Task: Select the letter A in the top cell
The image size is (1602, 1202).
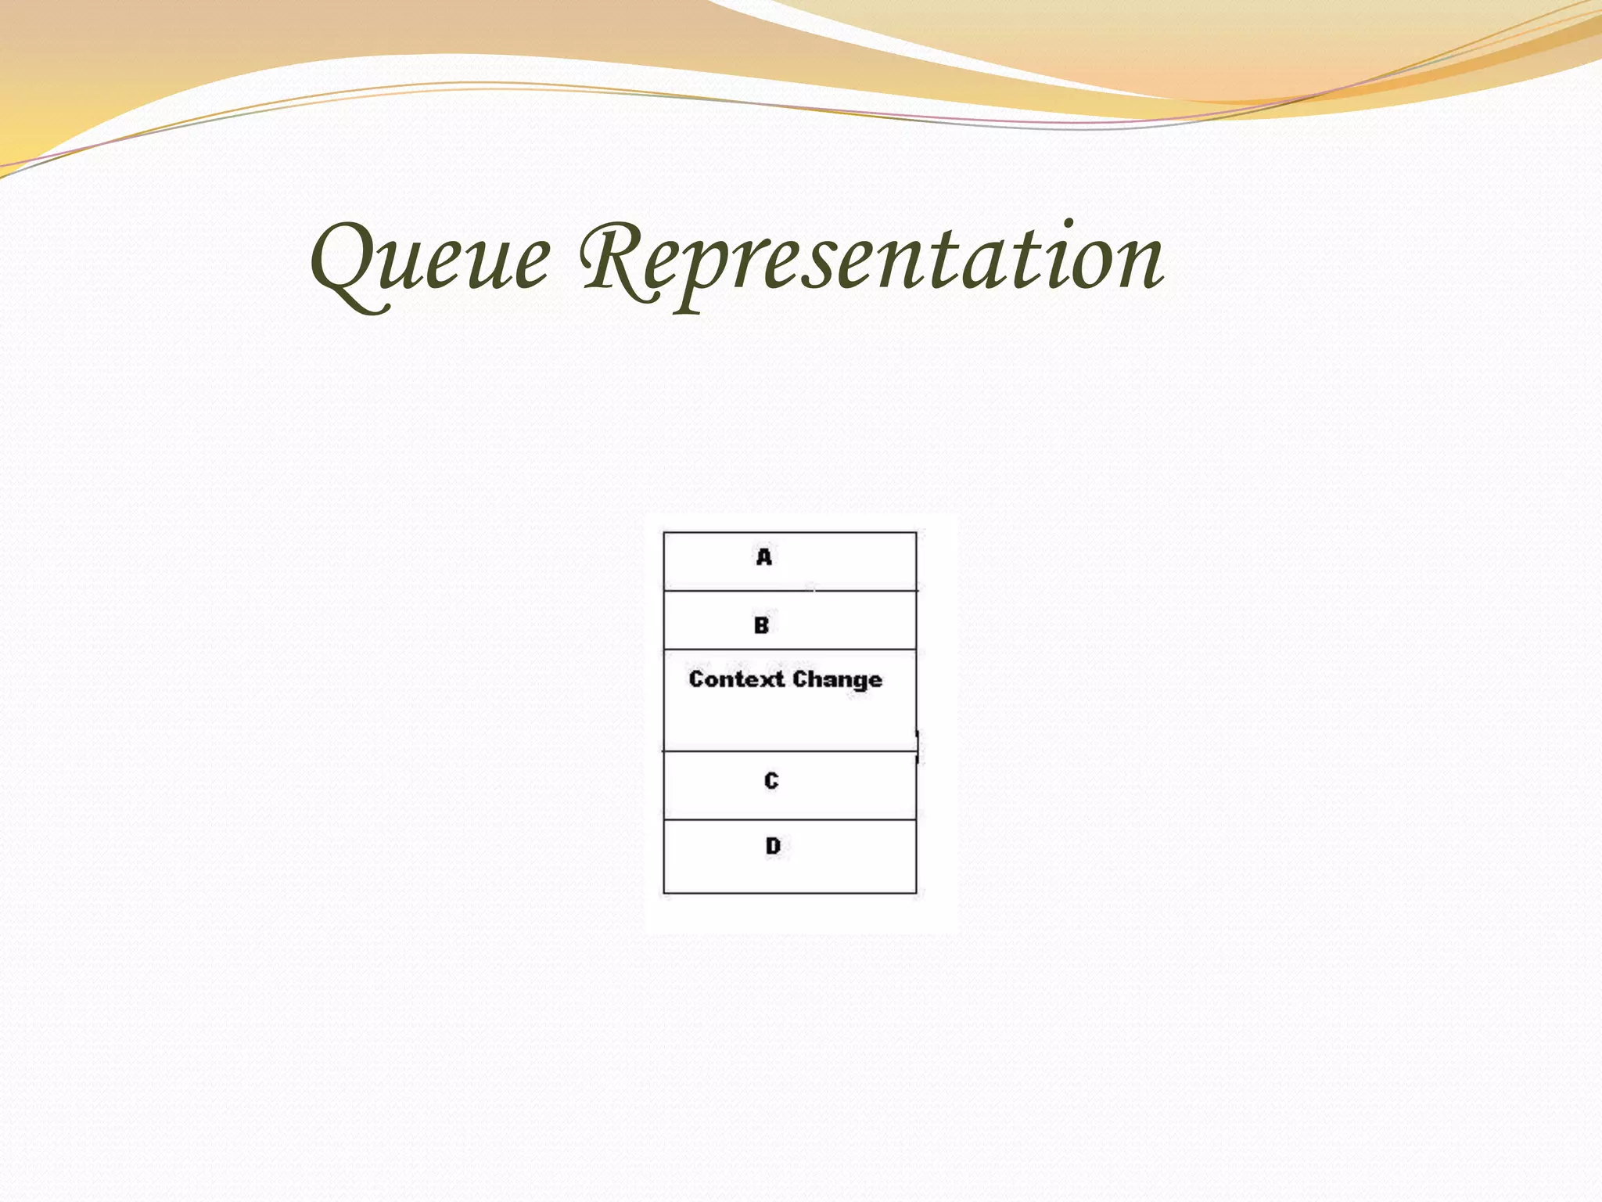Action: (764, 557)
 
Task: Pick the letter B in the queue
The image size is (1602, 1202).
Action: (761, 625)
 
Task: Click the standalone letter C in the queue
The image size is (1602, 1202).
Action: (771, 780)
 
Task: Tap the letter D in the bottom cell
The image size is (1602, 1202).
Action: (773, 846)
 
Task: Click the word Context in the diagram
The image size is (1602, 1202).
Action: (735, 678)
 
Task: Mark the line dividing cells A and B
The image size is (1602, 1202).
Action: (790, 591)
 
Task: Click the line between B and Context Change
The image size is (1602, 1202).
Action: (790, 650)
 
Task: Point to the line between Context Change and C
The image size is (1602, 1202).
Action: (790, 751)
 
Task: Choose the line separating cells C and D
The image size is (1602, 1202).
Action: (790, 820)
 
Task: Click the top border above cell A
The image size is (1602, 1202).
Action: (790, 533)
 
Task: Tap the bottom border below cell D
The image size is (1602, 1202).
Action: (790, 893)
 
